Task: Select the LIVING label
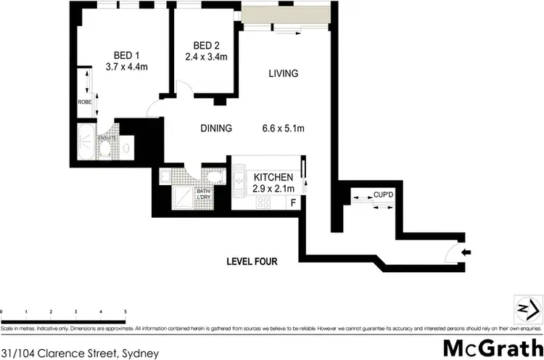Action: point(283,73)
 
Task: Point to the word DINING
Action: point(215,128)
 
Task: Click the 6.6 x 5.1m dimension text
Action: point(282,128)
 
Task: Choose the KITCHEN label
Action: point(273,177)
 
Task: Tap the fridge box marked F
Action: point(292,202)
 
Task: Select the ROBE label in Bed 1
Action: point(84,102)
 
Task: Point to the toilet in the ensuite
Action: point(105,150)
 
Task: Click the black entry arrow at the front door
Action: point(466,253)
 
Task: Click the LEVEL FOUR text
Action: point(252,261)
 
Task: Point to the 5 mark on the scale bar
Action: point(125,311)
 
